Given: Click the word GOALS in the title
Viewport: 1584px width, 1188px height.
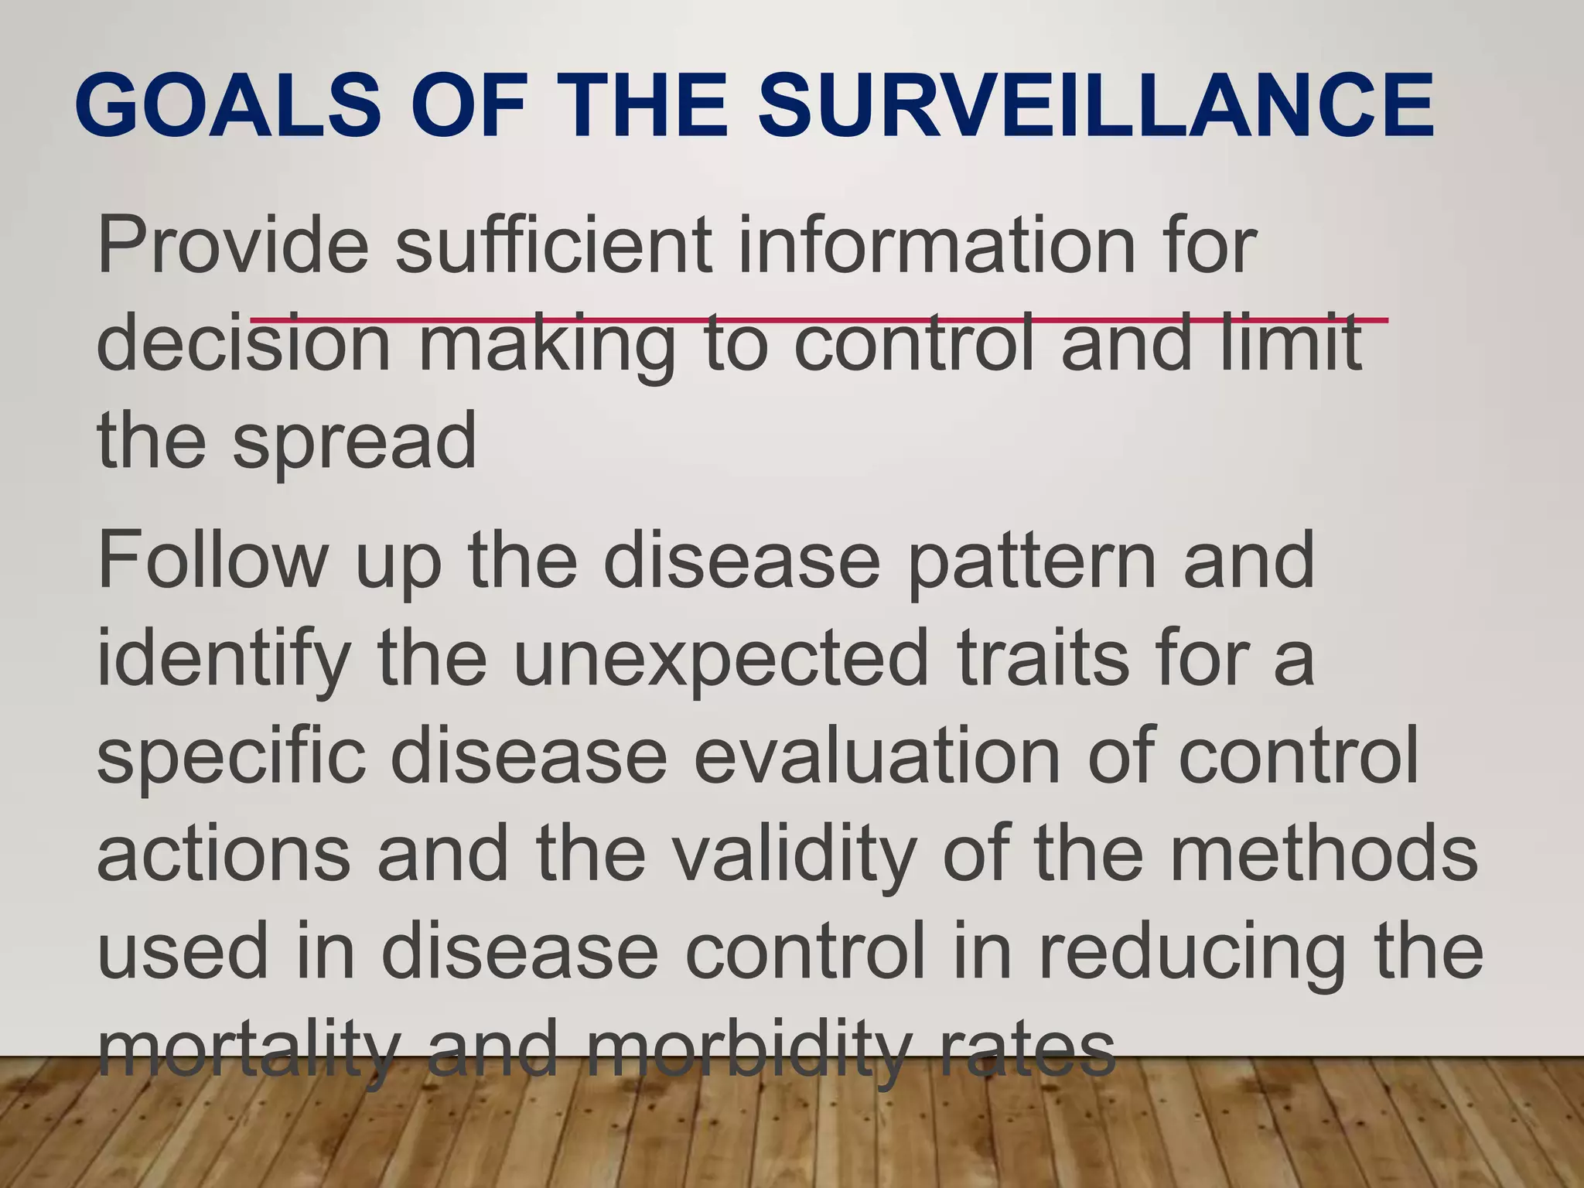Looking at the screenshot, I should (x=228, y=104).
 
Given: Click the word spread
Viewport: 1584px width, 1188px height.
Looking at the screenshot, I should (x=355, y=442).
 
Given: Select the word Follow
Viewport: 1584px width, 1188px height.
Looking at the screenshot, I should (x=213, y=560).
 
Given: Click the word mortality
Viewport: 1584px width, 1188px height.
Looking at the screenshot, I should (x=248, y=1051).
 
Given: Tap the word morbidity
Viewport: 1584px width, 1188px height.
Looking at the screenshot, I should (x=747, y=1051).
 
